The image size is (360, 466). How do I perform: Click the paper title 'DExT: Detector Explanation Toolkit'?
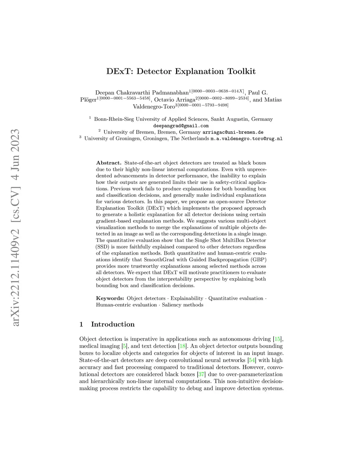pos(181,71)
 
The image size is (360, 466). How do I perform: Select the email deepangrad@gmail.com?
pos(181,126)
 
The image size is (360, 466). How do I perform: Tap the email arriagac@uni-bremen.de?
pos(233,132)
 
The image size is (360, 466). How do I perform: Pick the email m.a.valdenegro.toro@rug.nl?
pos(246,139)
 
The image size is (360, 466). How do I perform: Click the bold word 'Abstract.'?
pos(109,163)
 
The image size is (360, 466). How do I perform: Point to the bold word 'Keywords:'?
pos(110,298)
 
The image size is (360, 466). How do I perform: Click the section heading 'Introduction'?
pos(112,324)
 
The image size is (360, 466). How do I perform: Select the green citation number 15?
pos(277,339)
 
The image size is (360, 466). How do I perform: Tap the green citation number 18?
pos(182,346)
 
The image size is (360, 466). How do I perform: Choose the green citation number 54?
pos(252,360)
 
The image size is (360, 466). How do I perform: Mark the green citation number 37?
pos(201,374)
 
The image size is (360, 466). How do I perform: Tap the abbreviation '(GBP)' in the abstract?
pos(258,260)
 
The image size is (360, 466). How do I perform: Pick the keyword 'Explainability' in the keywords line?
pos(187,298)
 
